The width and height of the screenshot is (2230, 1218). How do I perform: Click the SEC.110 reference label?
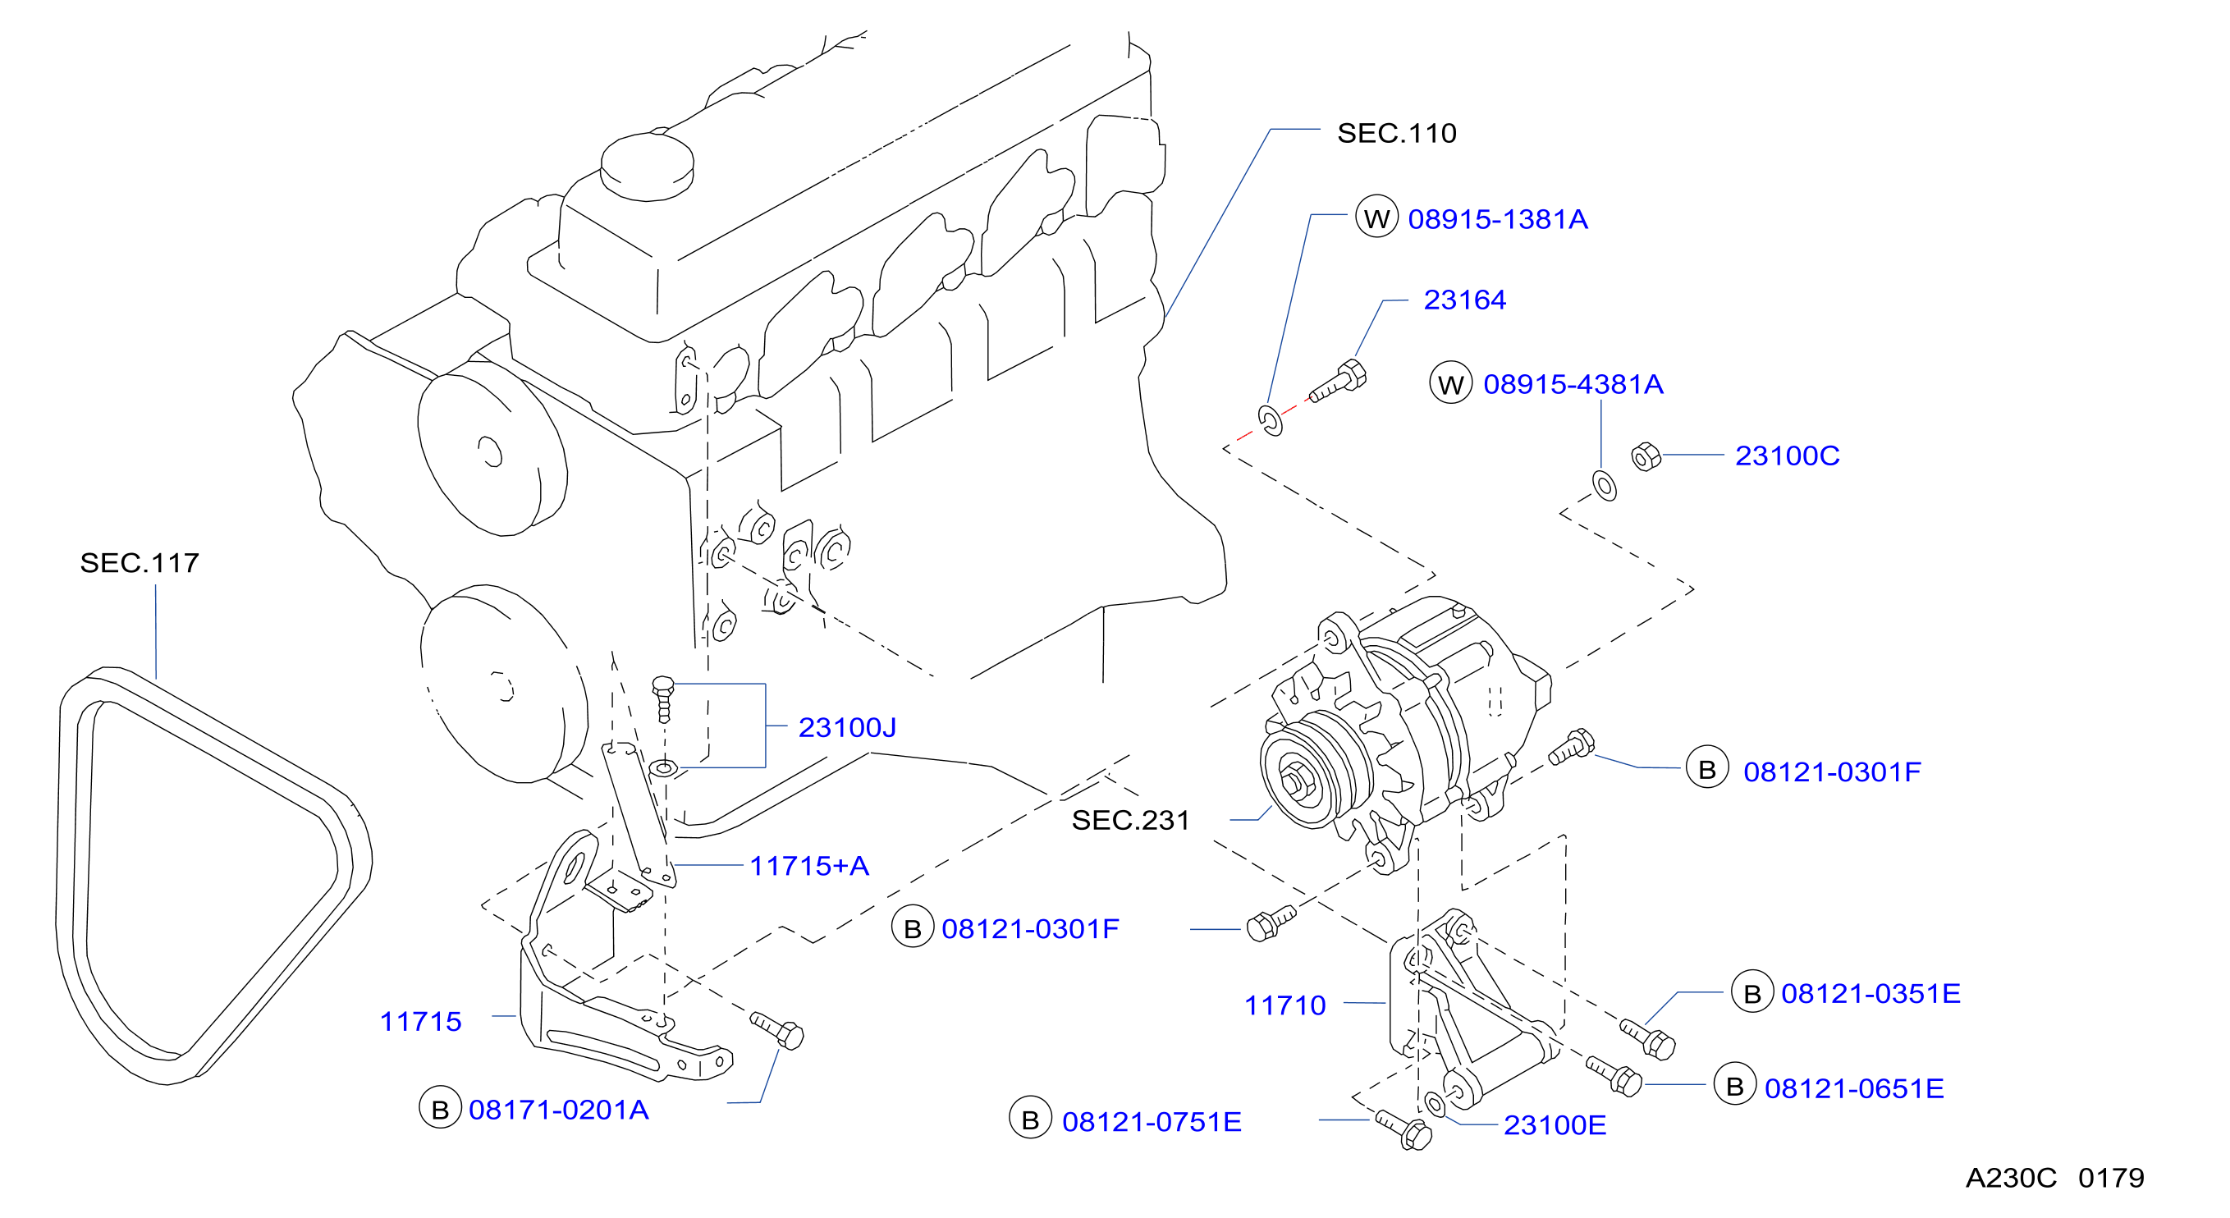pyautogui.click(x=1396, y=133)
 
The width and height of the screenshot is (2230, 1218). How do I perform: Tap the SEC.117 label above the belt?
pyautogui.click(x=140, y=564)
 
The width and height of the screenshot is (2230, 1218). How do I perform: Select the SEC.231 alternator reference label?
pyautogui.click(x=1130, y=821)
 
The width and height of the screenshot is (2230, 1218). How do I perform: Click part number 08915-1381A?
pyautogui.click(x=1498, y=219)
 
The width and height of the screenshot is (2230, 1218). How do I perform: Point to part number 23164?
pyautogui.click(x=1465, y=300)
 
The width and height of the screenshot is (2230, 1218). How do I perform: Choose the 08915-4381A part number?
pyautogui.click(x=1573, y=384)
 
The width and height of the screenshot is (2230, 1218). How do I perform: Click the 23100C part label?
pyautogui.click(x=1787, y=456)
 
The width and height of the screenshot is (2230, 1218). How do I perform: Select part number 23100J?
pyautogui.click(x=847, y=727)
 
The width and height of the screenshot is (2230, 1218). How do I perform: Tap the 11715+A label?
pyautogui.click(x=808, y=866)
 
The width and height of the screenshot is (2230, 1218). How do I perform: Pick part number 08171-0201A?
pyautogui.click(x=558, y=1110)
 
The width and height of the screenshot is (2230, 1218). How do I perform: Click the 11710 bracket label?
pyautogui.click(x=1284, y=1005)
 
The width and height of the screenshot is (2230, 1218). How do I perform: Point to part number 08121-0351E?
pyautogui.click(x=1871, y=994)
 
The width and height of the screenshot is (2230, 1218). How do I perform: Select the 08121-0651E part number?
pyautogui.click(x=1854, y=1088)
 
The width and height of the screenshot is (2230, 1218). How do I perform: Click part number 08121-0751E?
pyautogui.click(x=1152, y=1122)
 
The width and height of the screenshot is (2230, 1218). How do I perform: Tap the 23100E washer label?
pyautogui.click(x=1555, y=1125)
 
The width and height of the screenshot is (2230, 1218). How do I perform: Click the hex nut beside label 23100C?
pyautogui.click(x=1646, y=456)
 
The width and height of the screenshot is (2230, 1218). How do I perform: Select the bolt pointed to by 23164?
pyautogui.click(x=1339, y=382)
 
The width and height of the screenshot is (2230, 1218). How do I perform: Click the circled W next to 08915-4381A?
pyautogui.click(x=1451, y=383)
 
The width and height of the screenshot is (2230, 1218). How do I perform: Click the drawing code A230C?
pyautogui.click(x=2010, y=1178)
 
